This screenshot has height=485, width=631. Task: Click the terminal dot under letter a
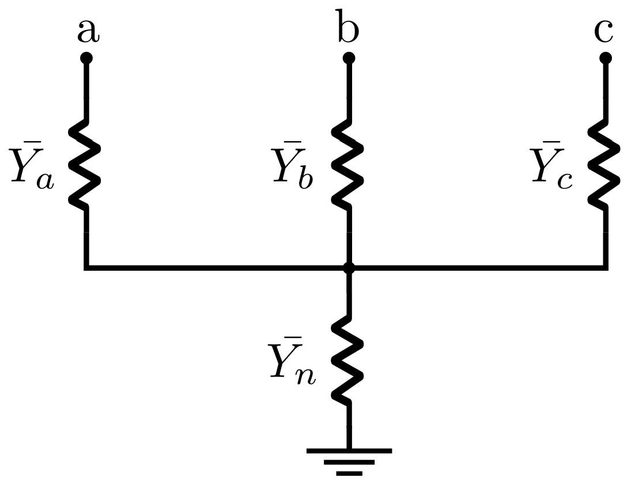click(x=86, y=58)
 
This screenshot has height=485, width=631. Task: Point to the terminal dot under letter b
click(x=348, y=58)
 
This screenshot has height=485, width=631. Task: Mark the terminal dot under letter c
click(x=605, y=58)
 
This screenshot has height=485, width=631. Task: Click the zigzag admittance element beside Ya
click(x=85, y=164)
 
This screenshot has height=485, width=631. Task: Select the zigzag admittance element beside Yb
click(x=347, y=164)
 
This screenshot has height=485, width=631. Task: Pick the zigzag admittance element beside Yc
click(x=604, y=164)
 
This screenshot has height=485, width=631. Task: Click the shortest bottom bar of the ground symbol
click(x=349, y=473)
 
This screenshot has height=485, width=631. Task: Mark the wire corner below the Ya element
click(x=86, y=267)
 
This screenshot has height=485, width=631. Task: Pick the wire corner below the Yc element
click(x=605, y=267)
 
